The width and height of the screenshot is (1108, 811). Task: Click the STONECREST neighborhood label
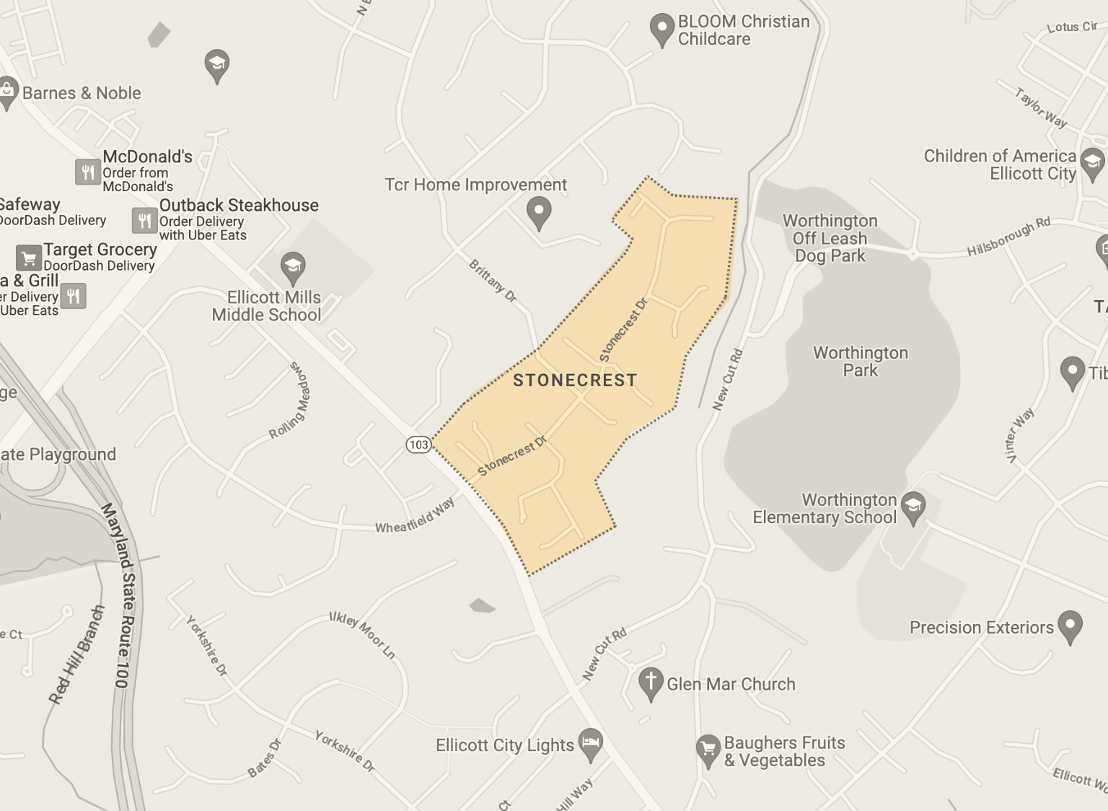[575, 380]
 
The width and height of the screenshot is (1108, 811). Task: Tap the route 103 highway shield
[418, 444]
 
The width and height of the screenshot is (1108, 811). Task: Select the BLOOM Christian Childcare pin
[661, 30]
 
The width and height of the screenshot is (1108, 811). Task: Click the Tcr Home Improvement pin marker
[539, 212]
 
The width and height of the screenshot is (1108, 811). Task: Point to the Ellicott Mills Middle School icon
[293, 267]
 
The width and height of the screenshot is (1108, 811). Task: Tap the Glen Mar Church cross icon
[651, 682]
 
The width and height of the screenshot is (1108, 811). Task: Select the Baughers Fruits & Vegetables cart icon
[708, 750]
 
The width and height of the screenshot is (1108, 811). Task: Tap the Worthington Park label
[861, 361]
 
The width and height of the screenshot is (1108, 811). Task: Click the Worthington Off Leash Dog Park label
[830, 238]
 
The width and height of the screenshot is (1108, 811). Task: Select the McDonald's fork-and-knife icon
[87, 172]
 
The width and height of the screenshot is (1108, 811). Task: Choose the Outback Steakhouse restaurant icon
[144, 220]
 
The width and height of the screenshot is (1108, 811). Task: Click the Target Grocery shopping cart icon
[29, 258]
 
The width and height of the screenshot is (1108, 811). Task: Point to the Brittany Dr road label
[493, 281]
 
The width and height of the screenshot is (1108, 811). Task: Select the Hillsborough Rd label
[1008, 237]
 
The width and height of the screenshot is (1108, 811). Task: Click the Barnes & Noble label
[82, 93]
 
